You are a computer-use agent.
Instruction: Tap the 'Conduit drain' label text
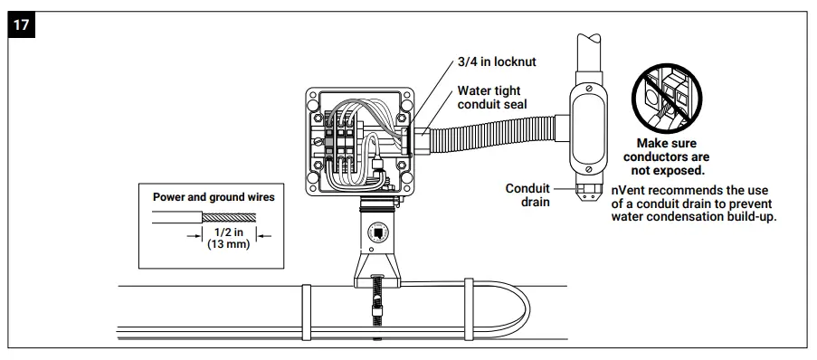(x=527, y=194)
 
